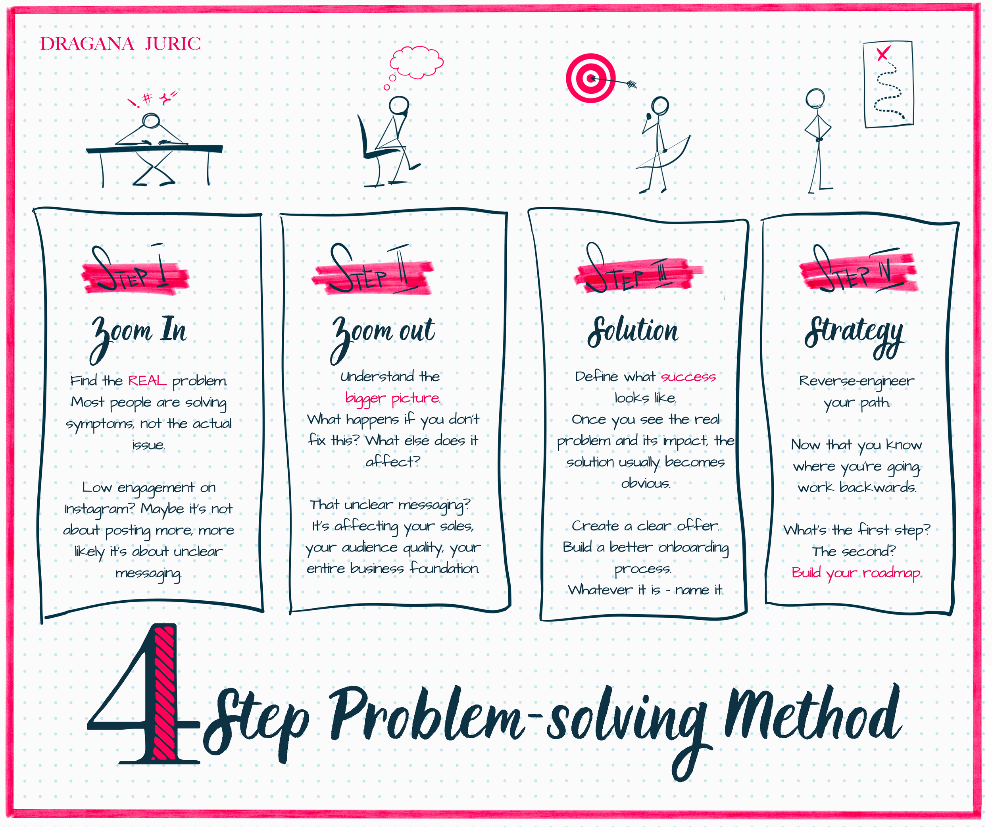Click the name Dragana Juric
tap(121, 44)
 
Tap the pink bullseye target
tap(590, 78)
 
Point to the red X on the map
tap(882, 53)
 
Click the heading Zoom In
tap(139, 333)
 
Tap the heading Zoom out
tap(383, 333)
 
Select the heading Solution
tap(633, 331)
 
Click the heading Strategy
tap(854, 333)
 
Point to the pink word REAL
tap(147, 381)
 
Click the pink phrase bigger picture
tap(392, 398)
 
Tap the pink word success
tap(688, 377)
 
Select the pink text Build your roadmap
tap(856, 573)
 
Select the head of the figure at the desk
tap(151, 121)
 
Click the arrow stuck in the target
tap(617, 82)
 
